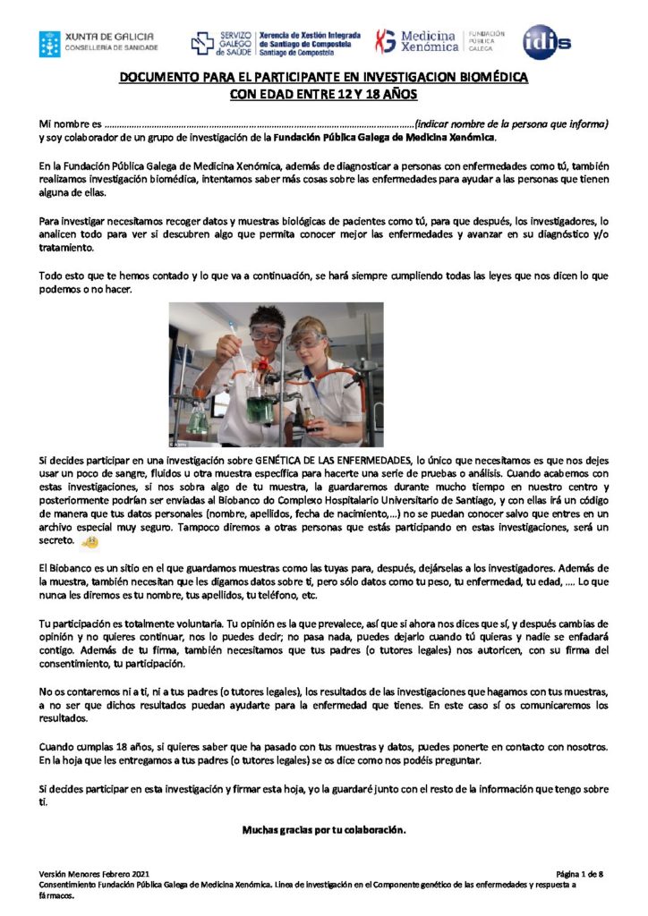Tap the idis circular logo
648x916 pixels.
(547, 41)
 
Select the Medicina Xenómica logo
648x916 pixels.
(439, 41)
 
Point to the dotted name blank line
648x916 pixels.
(260, 123)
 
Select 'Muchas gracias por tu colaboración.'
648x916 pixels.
(324, 829)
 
